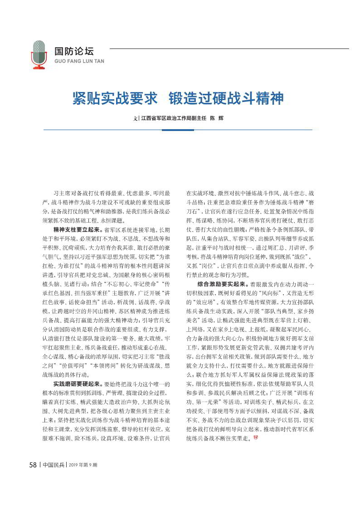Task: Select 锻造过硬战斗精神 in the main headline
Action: click(x=226, y=98)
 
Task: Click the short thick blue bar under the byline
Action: click(x=178, y=130)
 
